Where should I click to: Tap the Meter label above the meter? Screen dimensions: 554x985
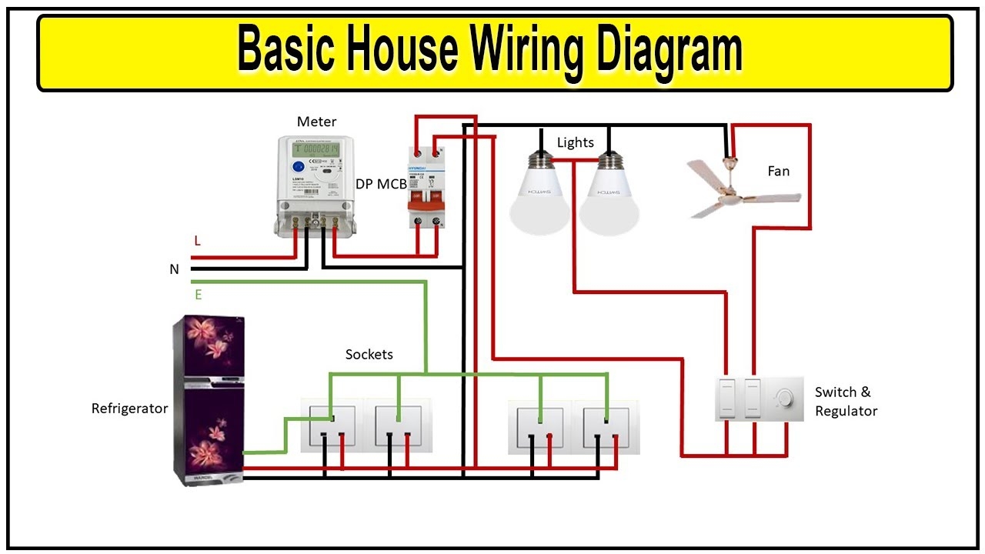pos(316,122)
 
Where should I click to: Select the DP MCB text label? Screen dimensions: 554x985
pos(381,184)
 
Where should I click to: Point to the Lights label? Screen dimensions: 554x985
pos(576,142)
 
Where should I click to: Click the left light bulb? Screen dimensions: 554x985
pos(539,196)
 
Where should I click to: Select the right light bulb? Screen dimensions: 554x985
pos(609,196)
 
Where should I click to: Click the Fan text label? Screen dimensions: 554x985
pos(779,171)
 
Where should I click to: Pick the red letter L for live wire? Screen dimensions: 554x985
pos(197,241)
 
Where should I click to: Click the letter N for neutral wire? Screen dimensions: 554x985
pos(175,269)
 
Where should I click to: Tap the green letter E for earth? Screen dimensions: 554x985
pos(198,295)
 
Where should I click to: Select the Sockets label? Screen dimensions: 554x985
pos(369,355)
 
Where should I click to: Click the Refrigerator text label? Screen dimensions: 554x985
pos(129,409)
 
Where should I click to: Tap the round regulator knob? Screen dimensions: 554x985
pos(784,398)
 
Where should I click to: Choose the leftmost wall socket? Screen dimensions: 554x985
pos(332,426)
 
